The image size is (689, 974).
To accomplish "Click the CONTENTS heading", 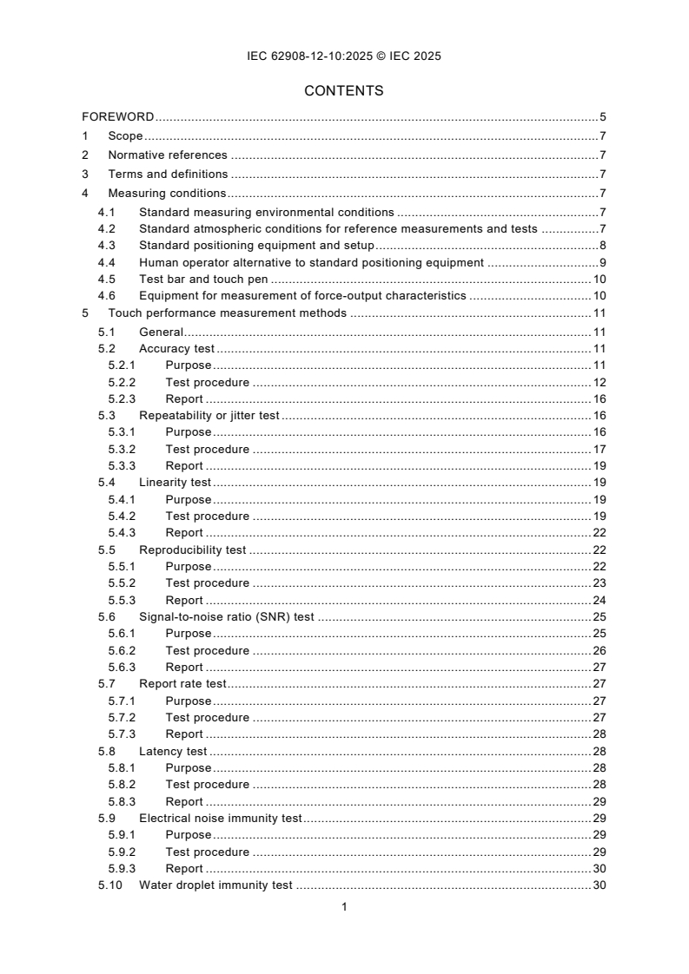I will [344, 90].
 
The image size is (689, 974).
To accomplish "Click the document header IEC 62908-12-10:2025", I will [344, 56].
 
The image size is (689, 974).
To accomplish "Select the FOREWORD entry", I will [118, 116].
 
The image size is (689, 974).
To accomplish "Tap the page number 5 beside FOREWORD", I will [602, 116].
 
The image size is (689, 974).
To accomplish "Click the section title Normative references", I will [168, 155].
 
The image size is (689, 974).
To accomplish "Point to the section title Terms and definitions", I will [168, 174].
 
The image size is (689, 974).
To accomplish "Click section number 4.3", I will [106, 246].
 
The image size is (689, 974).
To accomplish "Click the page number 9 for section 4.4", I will [602, 263].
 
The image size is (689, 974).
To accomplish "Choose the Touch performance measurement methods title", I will [227, 313].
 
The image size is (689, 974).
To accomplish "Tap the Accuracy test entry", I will [176, 349].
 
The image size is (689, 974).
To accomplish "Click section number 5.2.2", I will [123, 382].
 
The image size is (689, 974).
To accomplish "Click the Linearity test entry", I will [176, 482].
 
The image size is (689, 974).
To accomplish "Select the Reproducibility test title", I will [193, 550].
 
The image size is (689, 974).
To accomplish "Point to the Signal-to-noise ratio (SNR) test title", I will [226, 617].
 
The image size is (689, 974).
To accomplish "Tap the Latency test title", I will [173, 751].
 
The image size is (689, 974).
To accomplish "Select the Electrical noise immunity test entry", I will [220, 818].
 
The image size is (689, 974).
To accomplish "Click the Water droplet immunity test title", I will [215, 885].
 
